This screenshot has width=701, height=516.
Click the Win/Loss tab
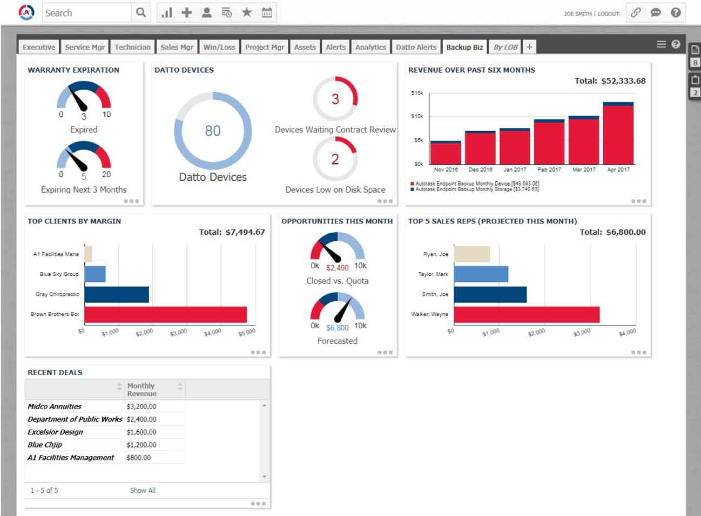[219, 47]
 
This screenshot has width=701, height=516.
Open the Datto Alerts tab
[416, 47]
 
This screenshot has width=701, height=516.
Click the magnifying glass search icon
[140, 12]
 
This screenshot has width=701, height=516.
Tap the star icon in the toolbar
[247, 12]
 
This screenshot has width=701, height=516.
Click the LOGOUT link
[608, 13]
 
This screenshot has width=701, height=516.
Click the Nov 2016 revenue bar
[446, 153]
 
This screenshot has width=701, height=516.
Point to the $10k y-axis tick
[417, 116]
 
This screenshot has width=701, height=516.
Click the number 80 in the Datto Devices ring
[213, 131]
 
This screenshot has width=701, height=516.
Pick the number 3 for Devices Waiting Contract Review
[335, 99]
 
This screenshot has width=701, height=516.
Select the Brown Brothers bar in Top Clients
[165, 315]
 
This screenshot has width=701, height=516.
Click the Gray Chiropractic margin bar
[117, 295]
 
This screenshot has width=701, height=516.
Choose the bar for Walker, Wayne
[527, 315]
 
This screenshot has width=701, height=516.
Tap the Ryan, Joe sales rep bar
[471, 254]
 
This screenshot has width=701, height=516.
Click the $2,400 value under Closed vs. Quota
[338, 268]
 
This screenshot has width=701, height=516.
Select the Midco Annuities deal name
[55, 406]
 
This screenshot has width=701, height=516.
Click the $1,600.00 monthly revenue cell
[141, 432]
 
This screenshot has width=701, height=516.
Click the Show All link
[143, 491]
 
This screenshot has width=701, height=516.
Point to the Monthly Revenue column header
[141, 390]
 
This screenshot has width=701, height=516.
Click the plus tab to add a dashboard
[529, 47]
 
